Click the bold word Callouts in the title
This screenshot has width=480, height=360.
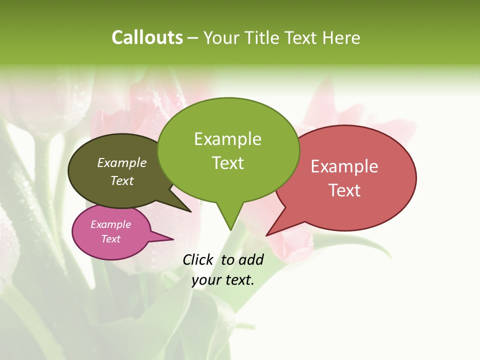147,37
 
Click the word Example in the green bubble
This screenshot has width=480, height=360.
227,139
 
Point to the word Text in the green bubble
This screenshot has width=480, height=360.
227,163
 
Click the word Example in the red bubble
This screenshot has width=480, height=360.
344,166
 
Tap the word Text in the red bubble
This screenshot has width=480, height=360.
344,190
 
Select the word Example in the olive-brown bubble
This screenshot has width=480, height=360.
122,162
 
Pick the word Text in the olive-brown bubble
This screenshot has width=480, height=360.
122,180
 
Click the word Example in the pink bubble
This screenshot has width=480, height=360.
110,224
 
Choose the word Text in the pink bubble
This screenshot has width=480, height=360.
110,239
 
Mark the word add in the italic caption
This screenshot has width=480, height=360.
251,259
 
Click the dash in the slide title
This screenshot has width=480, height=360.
193,38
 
